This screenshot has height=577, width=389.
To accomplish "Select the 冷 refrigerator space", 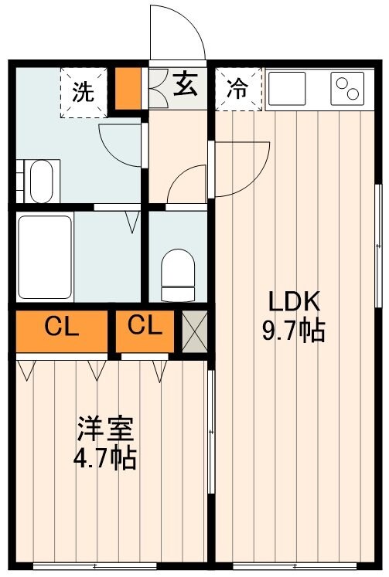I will pos(237,89).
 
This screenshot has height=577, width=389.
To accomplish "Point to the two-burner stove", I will pos(347,87).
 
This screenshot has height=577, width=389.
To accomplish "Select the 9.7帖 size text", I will pos(294,331).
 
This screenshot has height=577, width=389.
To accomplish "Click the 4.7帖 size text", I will pos(105,459).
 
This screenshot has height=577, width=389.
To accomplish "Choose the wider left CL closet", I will pos(61,328).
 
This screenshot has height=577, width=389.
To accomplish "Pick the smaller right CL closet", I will pos(145,327).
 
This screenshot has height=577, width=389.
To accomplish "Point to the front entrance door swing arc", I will pos(177,31).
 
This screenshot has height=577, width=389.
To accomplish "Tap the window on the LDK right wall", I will pos(378,246).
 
